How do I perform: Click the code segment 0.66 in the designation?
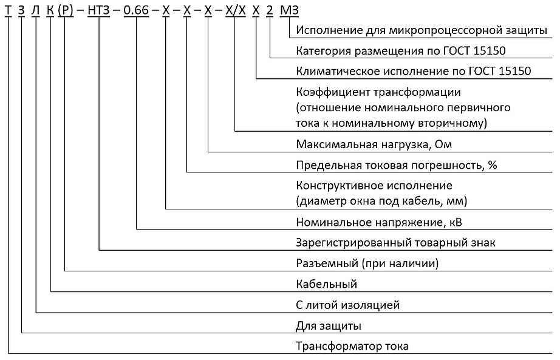[136, 10]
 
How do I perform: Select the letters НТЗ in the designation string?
[98, 10]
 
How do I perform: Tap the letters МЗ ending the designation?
[289, 10]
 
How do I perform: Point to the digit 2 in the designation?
[270, 10]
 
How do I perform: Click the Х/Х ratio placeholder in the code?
[236, 10]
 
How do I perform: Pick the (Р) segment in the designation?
[66, 11]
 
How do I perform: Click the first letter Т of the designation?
[8, 10]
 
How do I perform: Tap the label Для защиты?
[329, 326]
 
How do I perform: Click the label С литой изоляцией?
[347, 305]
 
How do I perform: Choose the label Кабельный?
[326, 284]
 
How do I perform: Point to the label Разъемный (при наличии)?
[367, 263]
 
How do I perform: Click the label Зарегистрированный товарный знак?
[396, 243]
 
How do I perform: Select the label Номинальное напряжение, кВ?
[379, 222]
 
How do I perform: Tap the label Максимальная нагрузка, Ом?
[374, 144]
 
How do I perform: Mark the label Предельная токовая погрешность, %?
[397, 165]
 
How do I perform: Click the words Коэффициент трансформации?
[378, 92]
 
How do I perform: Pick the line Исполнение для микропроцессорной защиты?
[422, 30]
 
